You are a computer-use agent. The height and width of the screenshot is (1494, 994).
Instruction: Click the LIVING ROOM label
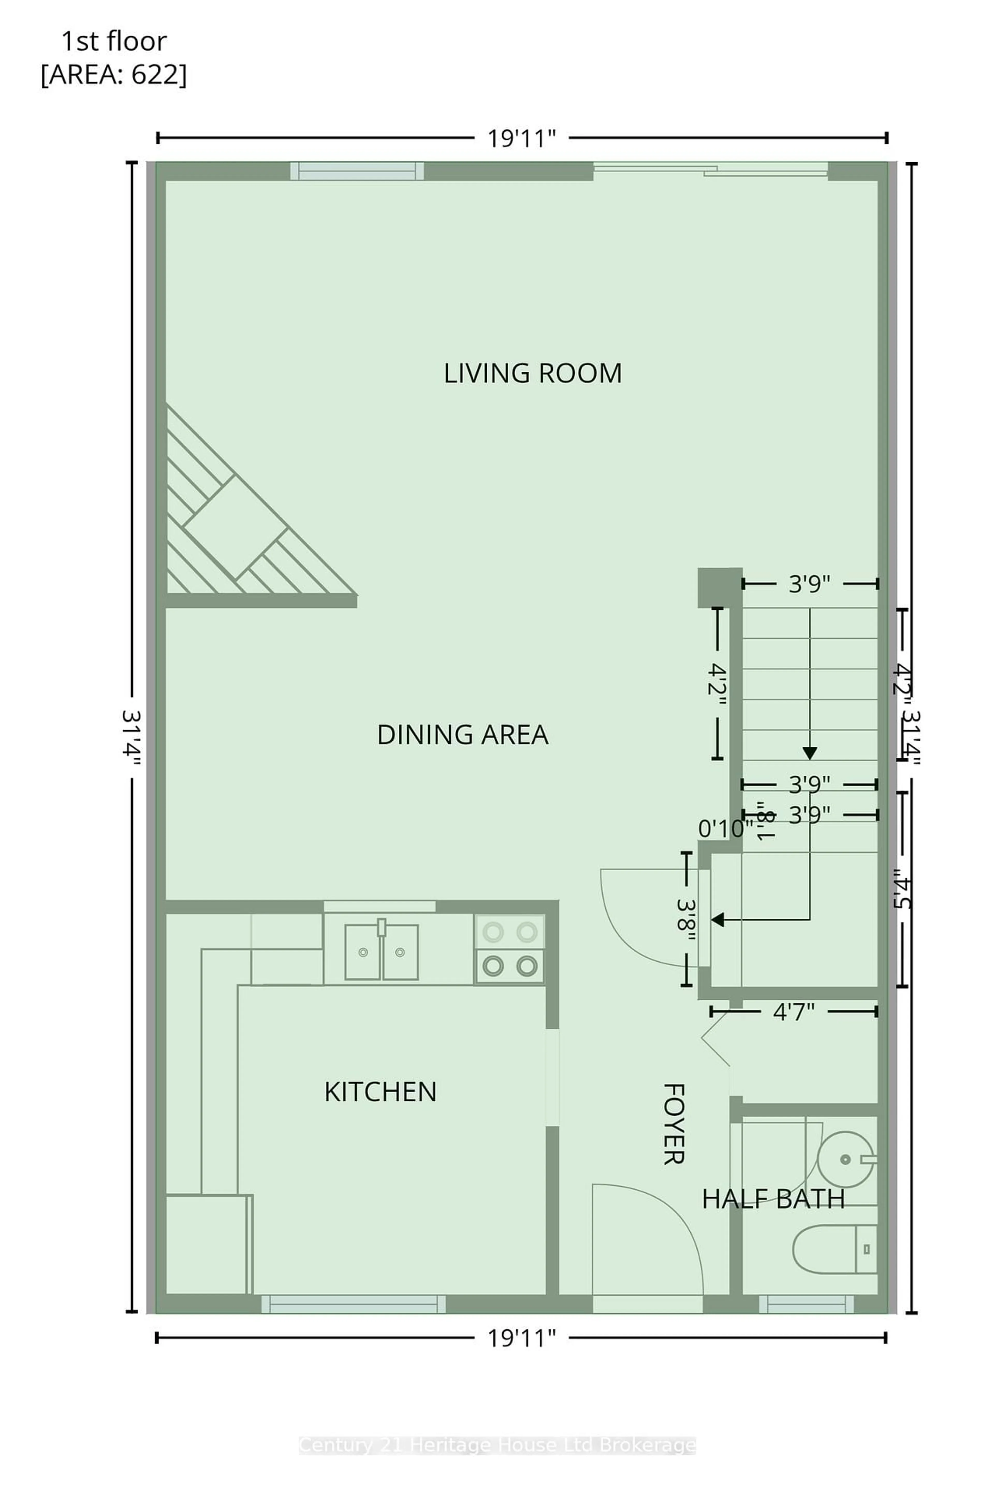[532, 373]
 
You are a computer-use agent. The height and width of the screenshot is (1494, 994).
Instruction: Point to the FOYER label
[673, 1124]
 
